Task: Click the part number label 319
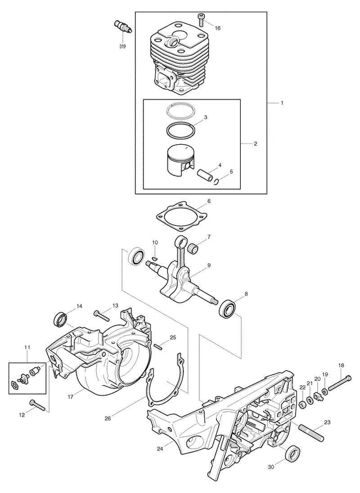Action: pyautogui.click(x=122, y=46)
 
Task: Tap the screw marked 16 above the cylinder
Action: pyautogui.click(x=201, y=19)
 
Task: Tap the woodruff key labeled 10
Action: pyautogui.click(x=154, y=258)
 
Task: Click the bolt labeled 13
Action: pyautogui.click(x=101, y=315)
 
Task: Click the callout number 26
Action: pyautogui.click(x=108, y=418)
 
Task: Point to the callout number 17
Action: pyautogui.click(x=71, y=397)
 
